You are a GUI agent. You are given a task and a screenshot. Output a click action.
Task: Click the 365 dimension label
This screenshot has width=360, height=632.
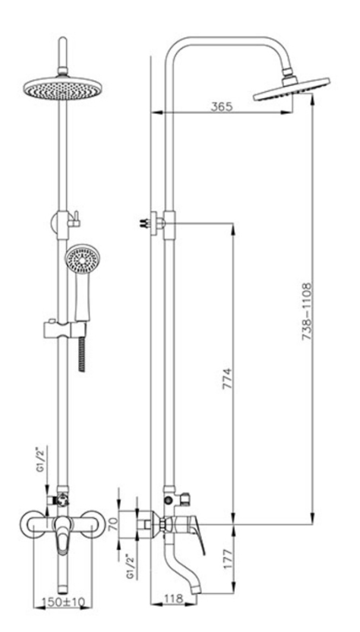tap(222, 107)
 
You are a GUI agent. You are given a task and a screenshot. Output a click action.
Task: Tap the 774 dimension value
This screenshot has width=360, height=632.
tap(227, 378)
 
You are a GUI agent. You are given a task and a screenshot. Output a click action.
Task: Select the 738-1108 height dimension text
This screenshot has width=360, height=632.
tap(307, 311)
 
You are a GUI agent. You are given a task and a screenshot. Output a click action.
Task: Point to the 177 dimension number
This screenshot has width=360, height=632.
tap(229, 558)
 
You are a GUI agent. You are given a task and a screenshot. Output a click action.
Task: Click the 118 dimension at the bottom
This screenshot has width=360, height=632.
tap(174, 599)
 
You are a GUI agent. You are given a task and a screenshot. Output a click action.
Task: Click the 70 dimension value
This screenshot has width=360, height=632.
tap(114, 523)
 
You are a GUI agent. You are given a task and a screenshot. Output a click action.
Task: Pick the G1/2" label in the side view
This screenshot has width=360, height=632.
tap(129, 566)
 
